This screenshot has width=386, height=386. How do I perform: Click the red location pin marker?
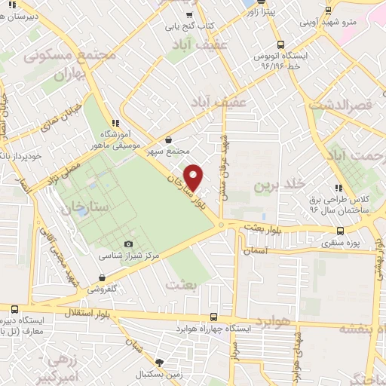pyautogui.click(x=194, y=177)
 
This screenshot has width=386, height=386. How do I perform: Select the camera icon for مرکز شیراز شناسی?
pyautogui.click(x=128, y=244)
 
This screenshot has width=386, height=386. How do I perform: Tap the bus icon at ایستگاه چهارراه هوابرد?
pyautogui.click(x=213, y=317)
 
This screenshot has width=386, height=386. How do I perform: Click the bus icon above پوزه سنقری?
pyautogui.click(x=341, y=231)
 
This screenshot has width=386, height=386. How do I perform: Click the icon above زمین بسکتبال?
pyautogui.click(x=158, y=362)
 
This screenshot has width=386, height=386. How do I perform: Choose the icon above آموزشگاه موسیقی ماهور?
pyautogui.click(x=115, y=122)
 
